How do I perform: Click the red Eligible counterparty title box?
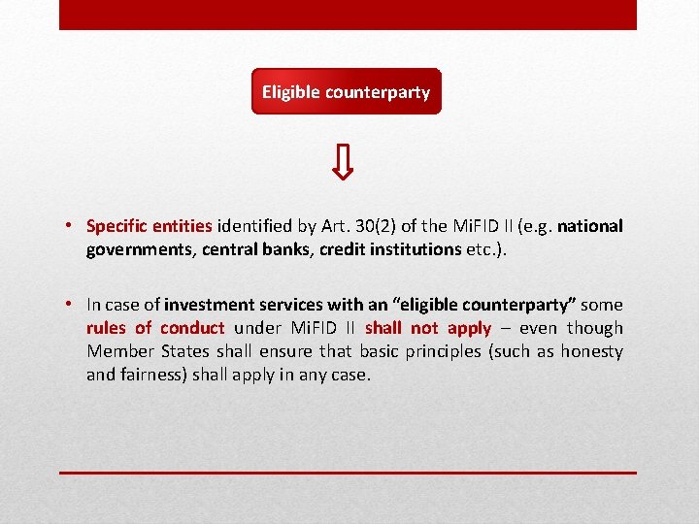(346, 92)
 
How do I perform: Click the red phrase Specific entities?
(149, 226)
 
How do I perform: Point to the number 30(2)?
(370, 226)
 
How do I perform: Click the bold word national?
(590, 226)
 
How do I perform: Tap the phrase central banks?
(258, 249)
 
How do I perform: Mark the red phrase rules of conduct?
(155, 328)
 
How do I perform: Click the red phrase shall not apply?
(428, 328)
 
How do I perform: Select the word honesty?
(590, 351)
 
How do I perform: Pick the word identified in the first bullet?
(254, 226)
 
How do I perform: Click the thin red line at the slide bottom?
(348, 473)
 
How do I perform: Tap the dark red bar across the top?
(348, 15)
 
